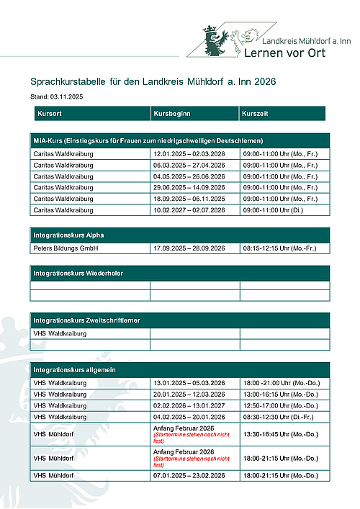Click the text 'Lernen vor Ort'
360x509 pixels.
285,53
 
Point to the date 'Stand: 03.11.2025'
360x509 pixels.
57,96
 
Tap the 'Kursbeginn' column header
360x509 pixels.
171,114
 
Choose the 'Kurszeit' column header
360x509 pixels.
256,114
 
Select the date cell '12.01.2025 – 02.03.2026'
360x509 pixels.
189,154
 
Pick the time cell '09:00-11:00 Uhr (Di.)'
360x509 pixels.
273,210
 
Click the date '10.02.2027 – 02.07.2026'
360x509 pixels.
189,210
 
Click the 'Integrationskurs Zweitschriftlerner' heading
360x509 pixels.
86,320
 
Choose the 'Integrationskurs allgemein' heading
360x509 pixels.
76,369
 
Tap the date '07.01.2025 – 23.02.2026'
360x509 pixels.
189,476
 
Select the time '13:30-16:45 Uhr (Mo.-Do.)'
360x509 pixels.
281,434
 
